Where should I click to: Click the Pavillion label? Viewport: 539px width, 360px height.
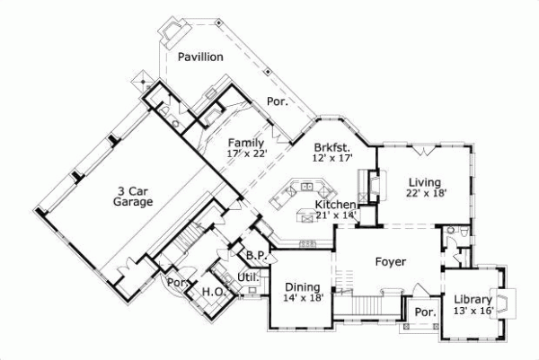199,57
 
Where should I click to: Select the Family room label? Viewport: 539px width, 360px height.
245,143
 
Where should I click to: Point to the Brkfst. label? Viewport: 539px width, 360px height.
331,146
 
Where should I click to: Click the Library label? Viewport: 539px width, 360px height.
471,299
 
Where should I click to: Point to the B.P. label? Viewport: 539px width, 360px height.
254,255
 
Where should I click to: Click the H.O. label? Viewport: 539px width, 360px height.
212,292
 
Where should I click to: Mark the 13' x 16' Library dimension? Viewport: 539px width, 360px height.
471,311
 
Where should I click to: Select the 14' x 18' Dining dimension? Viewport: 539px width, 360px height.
303,297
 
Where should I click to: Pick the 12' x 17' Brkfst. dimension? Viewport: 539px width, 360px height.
332,158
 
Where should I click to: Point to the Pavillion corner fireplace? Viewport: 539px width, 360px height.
170,33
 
